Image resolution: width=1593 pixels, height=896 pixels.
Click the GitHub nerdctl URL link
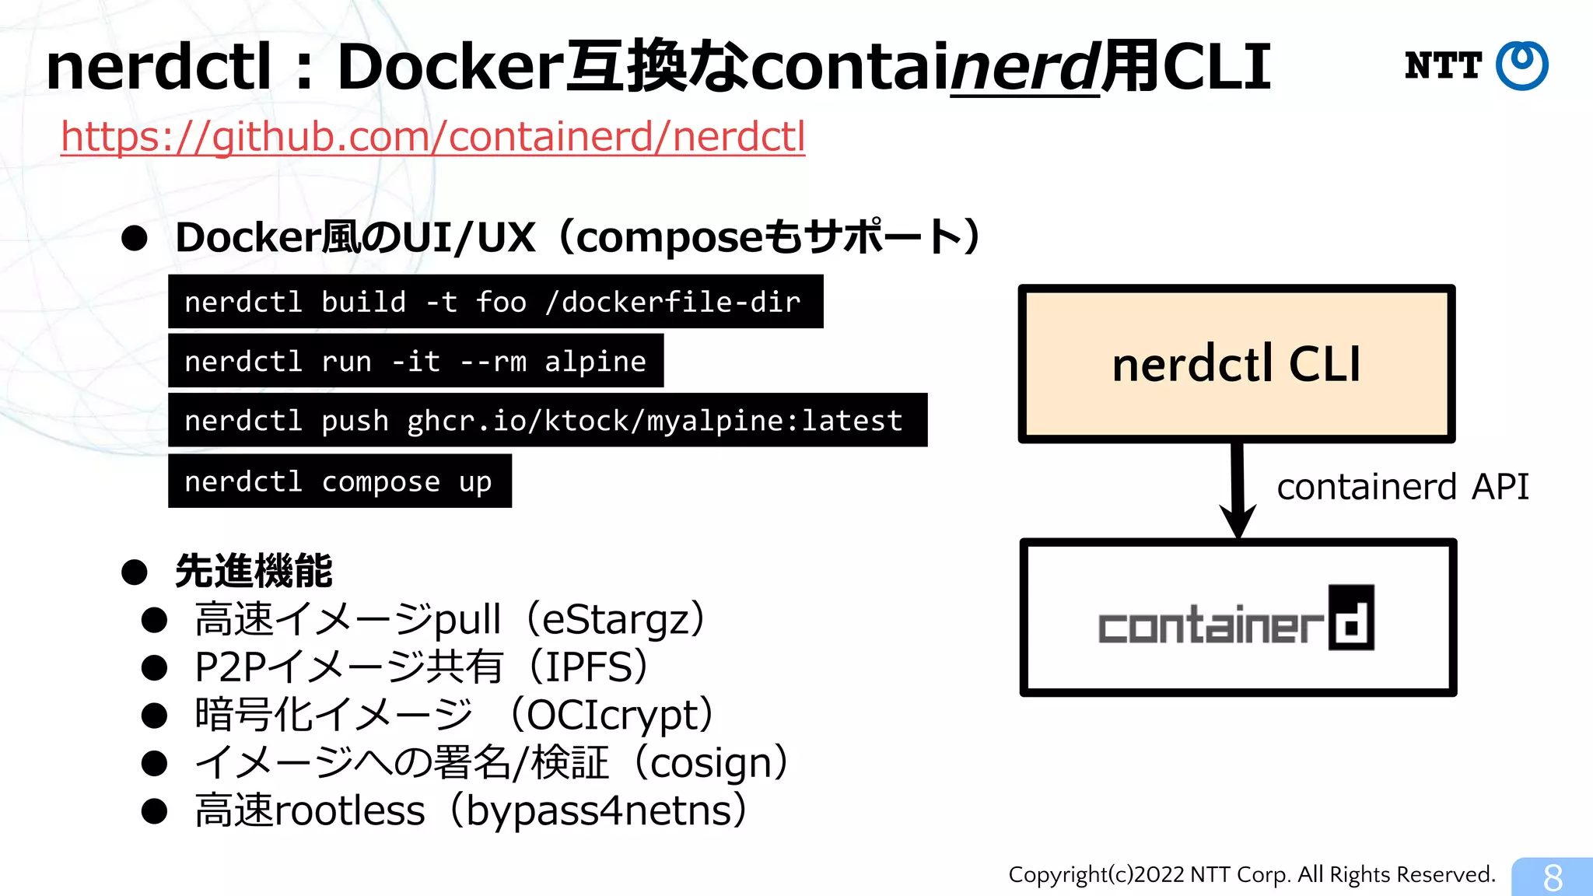(x=432, y=137)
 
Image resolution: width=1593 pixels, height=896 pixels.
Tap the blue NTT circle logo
(x=1521, y=65)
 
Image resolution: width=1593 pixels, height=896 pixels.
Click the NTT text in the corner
(x=1443, y=65)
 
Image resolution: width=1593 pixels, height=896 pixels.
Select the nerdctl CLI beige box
(x=1236, y=363)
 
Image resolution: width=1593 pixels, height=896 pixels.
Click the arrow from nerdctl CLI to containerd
(x=1238, y=490)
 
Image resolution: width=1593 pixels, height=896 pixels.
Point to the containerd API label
(x=1402, y=487)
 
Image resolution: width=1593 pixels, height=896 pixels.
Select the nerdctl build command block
(x=495, y=302)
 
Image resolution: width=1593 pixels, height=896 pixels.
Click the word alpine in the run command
(x=595, y=362)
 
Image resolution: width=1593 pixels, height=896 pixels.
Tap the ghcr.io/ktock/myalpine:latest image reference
(x=654, y=421)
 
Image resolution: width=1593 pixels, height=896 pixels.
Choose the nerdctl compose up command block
(x=339, y=481)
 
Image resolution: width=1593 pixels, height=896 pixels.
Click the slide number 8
(x=1553, y=877)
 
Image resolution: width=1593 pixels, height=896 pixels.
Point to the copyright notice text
(x=1252, y=875)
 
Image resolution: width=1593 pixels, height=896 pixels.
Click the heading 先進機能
(x=254, y=572)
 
